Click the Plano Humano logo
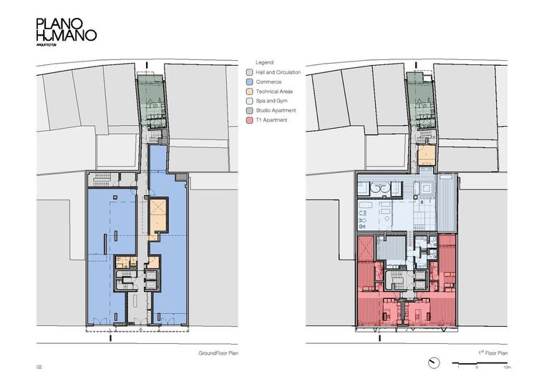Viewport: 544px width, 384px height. (x=67, y=32)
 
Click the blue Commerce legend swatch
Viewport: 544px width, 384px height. (x=249, y=82)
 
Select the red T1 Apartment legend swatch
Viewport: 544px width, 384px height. (x=249, y=120)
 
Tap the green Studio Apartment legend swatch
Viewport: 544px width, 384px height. (x=249, y=111)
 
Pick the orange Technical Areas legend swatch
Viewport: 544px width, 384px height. (x=249, y=92)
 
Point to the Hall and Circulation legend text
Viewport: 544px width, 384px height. (x=278, y=72)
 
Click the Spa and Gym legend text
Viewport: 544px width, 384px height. (x=272, y=101)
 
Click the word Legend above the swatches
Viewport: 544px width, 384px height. (x=265, y=63)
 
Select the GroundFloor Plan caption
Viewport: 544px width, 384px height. (x=218, y=353)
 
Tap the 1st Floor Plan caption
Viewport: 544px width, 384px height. (x=493, y=353)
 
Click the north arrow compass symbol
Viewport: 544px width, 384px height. (x=434, y=363)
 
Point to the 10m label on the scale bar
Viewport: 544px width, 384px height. (x=507, y=367)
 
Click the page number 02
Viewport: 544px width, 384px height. (x=39, y=367)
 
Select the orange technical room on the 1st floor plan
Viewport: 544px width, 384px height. (x=427, y=155)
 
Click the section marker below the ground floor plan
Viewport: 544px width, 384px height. (x=111, y=338)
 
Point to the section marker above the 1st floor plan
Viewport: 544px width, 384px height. (x=417, y=65)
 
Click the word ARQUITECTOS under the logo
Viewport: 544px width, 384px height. (x=46, y=45)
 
